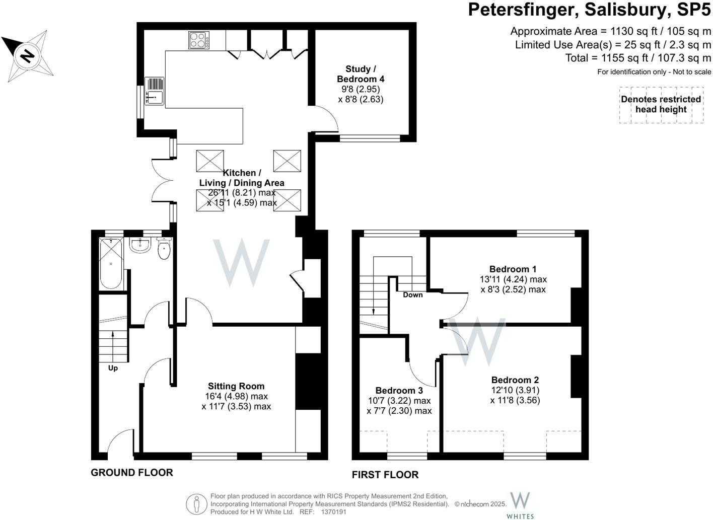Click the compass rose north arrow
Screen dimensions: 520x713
[x=27, y=55]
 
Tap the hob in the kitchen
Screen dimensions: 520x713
[x=199, y=40]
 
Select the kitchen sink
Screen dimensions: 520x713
[x=155, y=91]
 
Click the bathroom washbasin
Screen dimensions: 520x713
[x=139, y=245]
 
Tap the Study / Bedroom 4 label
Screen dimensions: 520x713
[x=360, y=74]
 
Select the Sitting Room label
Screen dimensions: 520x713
[x=236, y=386]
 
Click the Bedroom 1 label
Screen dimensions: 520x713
[x=513, y=269]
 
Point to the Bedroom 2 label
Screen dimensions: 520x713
[x=515, y=380]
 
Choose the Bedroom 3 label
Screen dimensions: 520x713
[x=399, y=391]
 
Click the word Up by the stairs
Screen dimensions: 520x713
[x=113, y=368]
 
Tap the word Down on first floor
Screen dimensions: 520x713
[x=412, y=294]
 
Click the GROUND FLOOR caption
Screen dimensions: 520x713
[x=132, y=472]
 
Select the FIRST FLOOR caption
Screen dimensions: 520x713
[x=385, y=475]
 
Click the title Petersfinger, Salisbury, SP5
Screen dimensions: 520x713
[x=590, y=10]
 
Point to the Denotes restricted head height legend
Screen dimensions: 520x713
[x=661, y=104]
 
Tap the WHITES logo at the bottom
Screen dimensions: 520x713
[x=520, y=505]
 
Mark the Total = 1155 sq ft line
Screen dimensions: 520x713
[x=638, y=58]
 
